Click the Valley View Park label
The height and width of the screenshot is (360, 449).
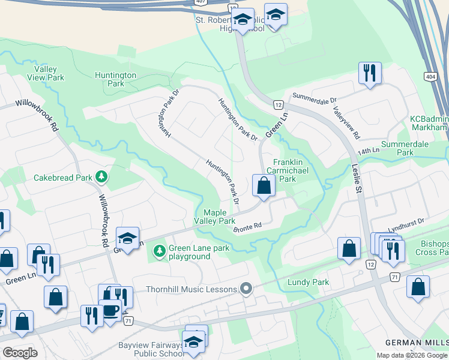point(46,74)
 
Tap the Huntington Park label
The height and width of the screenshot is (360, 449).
point(115,79)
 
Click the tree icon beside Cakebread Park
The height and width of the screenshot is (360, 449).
point(103,176)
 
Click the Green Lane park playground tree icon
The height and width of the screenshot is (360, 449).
point(159,250)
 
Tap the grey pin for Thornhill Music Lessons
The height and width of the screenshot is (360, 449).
point(245,289)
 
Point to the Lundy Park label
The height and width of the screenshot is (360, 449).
point(308,282)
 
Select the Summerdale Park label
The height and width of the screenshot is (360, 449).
point(414,148)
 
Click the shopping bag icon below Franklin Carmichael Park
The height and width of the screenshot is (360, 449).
point(264,186)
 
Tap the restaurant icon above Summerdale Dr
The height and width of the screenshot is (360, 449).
point(370,74)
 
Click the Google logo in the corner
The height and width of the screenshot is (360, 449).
point(20,353)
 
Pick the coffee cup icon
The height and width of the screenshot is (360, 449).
point(110,311)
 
